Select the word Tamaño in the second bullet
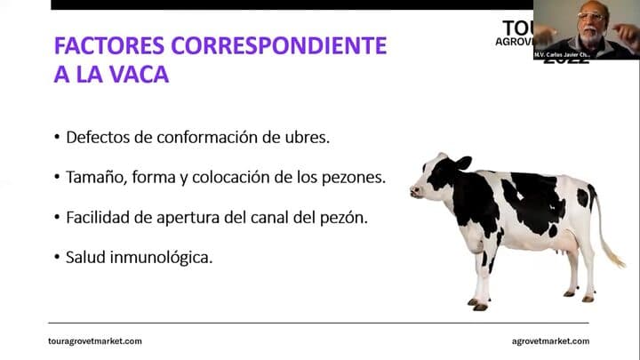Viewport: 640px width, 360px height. pos(95,177)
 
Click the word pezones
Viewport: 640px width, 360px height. pos(355,177)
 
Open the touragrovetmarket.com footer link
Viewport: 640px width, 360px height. pos(94,341)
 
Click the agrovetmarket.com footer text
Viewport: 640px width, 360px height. pos(550,341)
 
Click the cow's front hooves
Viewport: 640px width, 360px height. pos(479,304)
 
